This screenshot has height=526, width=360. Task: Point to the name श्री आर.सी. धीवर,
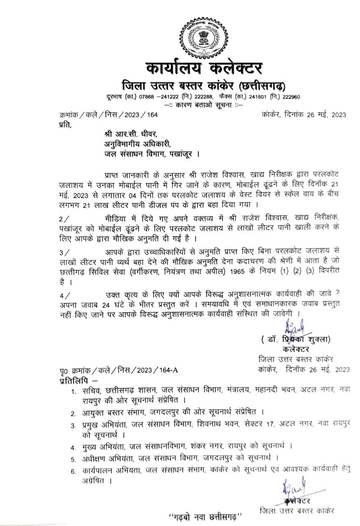coord(130,134)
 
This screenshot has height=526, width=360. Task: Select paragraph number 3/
coord(65,251)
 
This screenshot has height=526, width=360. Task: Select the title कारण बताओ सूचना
coord(203,105)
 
